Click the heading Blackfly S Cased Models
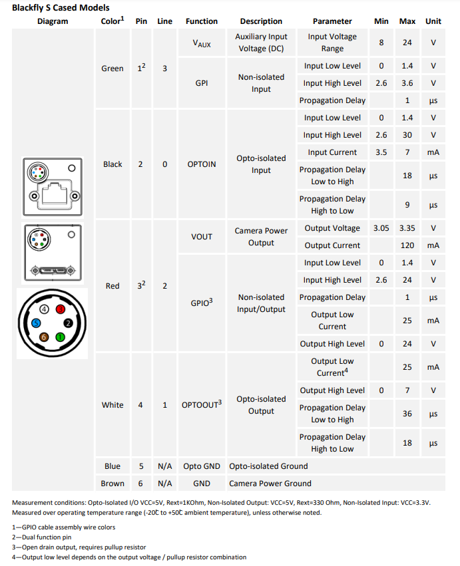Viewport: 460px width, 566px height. [x=61, y=7]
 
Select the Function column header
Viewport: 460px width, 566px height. [x=202, y=21]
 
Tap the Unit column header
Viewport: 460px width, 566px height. [x=433, y=21]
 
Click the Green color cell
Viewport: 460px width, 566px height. [x=112, y=69]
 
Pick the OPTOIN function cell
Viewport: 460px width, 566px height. [x=202, y=164]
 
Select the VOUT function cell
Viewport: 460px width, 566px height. [x=202, y=237]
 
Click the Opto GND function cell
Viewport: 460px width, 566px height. [x=202, y=466]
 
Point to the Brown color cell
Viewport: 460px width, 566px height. [x=112, y=484]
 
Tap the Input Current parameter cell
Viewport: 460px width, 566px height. [x=332, y=152]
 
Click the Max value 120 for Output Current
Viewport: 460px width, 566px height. [x=407, y=245]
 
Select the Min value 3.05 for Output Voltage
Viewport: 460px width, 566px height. [x=381, y=228]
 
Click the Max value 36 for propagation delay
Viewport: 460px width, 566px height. [x=407, y=414]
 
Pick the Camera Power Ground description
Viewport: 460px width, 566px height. [x=270, y=484]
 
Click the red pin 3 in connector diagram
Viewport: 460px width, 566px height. [x=60, y=309]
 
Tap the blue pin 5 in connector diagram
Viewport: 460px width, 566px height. [x=37, y=323]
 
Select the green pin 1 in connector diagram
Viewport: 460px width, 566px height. [x=60, y=337]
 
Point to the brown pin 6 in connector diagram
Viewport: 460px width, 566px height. [x=45, y=337]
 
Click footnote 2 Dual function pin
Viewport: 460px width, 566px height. [x=43, y=537]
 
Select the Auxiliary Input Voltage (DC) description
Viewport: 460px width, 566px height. [x=261, y=43]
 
